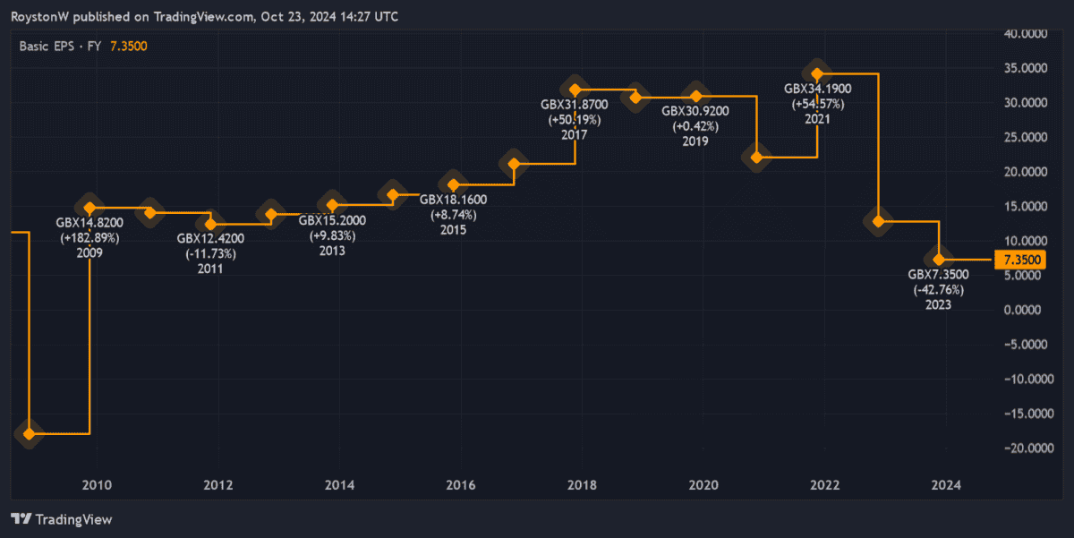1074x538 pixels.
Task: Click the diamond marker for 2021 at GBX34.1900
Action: pyautogui.click(x=816, y=73)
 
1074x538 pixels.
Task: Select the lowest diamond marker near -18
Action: pyautogui.click(x=30, y=434)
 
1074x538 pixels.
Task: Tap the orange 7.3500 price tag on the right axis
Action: pyautogui.click(x=1020, y=260)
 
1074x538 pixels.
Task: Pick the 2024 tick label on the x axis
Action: pyautogui.click(x=946, y=485)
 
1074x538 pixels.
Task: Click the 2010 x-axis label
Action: pyautogui.click(x=96, y=485)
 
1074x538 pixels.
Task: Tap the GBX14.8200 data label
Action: pyautogui.click(x=89, y=223)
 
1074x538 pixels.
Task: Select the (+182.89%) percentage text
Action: pyautogui.click(x=89, y=238)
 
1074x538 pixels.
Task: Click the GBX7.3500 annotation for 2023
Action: pyautogui.click(x=938, y=275)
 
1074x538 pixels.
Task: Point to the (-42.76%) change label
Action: pyautogui.click(x=938, y=290)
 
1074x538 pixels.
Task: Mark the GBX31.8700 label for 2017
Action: pyautogui.click(x=574, y=105)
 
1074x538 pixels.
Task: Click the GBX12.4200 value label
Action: pyautogui.click(x=210, y=238)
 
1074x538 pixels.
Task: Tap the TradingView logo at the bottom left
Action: pyautogui.click(x=61, y=519)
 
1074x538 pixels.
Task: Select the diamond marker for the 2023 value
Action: pyautogui.click(x=939, y=259)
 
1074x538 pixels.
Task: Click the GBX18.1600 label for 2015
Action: pyautogui.click(x=453, y=200)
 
